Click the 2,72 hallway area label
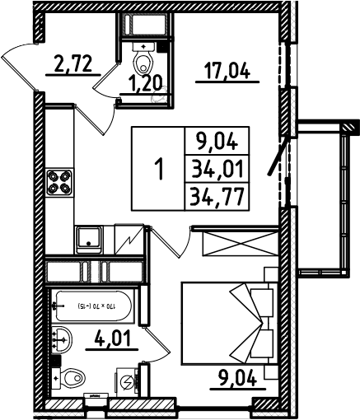[x=72, y=63]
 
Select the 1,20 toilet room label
[x=146, y=83]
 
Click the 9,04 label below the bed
[x=238, y=378]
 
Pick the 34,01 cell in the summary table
[x=217, y=169]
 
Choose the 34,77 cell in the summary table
[x=217, y=197]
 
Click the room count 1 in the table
[x=159, y=170]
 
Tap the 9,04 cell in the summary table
[x=217, y=142]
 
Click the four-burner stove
[x=59, y=182]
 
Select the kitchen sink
[x=88, y=240]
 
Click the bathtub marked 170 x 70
[x=94, y=306]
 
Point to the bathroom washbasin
[x=62, y=339]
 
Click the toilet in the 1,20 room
[x=143, y=58]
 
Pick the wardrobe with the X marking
[x=239, y=244]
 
